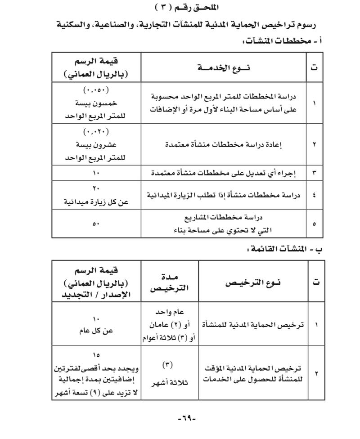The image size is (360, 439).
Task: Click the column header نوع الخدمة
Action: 224,67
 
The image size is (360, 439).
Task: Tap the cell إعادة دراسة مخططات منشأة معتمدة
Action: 224,145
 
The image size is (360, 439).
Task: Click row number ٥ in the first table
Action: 314,224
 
